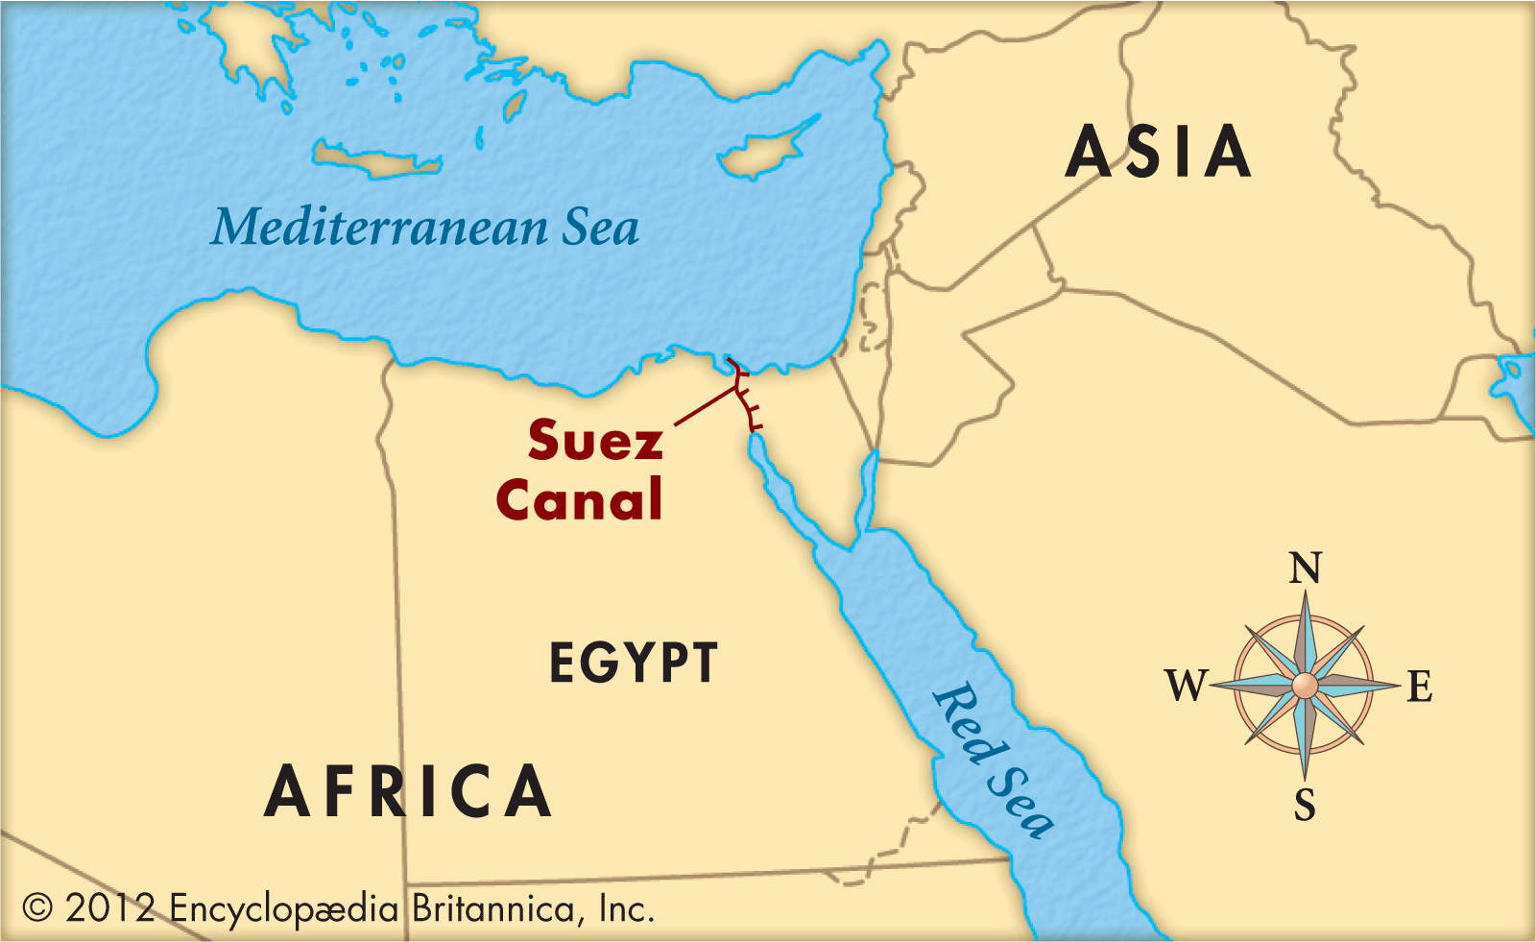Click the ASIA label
[x=1159, y=153]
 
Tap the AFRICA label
[x=408, y=792]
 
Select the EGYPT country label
[x=633, y=663]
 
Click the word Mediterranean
[x=380, y=229]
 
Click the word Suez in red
[x=595, y=441]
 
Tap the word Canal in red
[x=579, y=500]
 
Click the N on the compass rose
[x=1305, y=568]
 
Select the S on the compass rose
[x=1305, y=805]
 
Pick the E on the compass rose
[x=1420, y=688]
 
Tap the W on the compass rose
[x=1187, y=686]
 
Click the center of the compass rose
[x=1305, y=686]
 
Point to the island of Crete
[x=374, y=161]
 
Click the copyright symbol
[x=36, y=907]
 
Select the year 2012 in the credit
[x=109, y=908]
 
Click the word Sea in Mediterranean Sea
[x=600, y=229]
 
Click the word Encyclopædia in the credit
[x=284, y=908]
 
